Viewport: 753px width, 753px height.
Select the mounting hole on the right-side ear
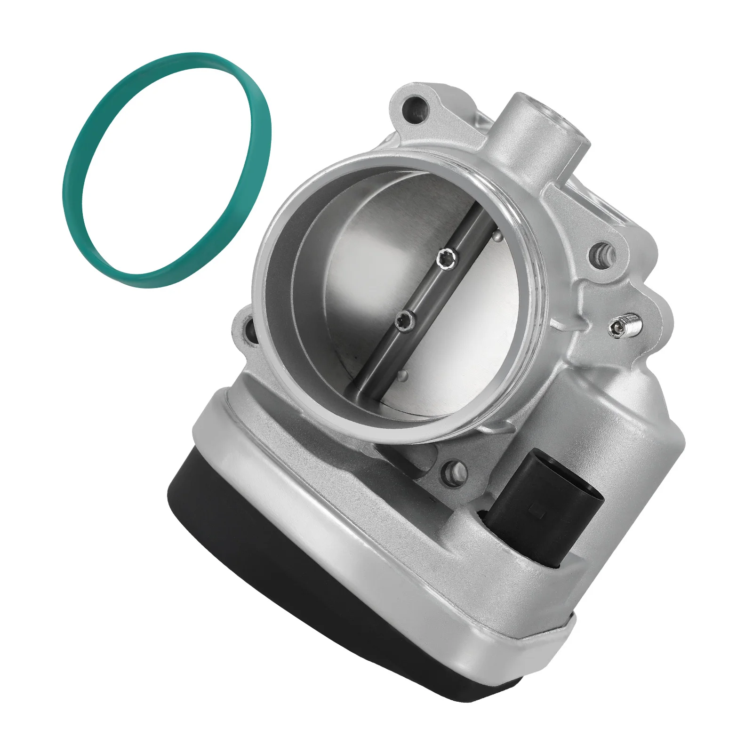pos(601,255)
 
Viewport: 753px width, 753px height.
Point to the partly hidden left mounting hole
pos(250,332)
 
